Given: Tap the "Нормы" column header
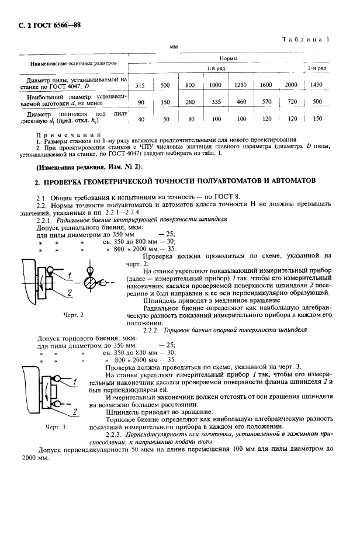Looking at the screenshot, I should tap(227, 59).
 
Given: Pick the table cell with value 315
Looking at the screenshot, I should tap(140, 85).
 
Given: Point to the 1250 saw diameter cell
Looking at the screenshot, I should tap(240, 85).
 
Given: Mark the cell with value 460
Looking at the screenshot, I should tap(240, 102).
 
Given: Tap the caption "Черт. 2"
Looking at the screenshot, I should tap(74, 315).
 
